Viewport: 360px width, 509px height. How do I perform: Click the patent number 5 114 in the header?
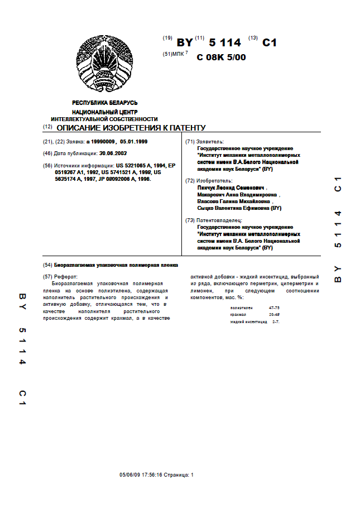[x=225, y=42]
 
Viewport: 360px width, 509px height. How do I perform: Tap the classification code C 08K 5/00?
[x=221, y=57]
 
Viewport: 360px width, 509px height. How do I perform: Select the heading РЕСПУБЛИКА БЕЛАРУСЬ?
[x=105, y=103]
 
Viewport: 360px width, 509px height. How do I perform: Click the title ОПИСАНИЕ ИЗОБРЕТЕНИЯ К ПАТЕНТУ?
[x=131, y=128]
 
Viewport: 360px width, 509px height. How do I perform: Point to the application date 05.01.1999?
[x=134, y=142]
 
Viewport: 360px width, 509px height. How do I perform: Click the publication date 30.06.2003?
[x=113, y=153]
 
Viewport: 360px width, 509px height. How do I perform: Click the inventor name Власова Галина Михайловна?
[x=234, y=201]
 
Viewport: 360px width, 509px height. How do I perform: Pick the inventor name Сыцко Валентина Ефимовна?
[x=239, y=208]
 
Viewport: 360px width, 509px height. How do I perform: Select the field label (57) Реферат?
[x=61, y=277]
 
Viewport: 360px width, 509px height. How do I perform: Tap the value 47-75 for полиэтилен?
[x=274, y=308]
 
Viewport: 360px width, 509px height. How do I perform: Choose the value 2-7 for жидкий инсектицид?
[x=276, y=322]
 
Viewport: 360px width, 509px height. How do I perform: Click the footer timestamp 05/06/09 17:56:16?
[x=141, y=475]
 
